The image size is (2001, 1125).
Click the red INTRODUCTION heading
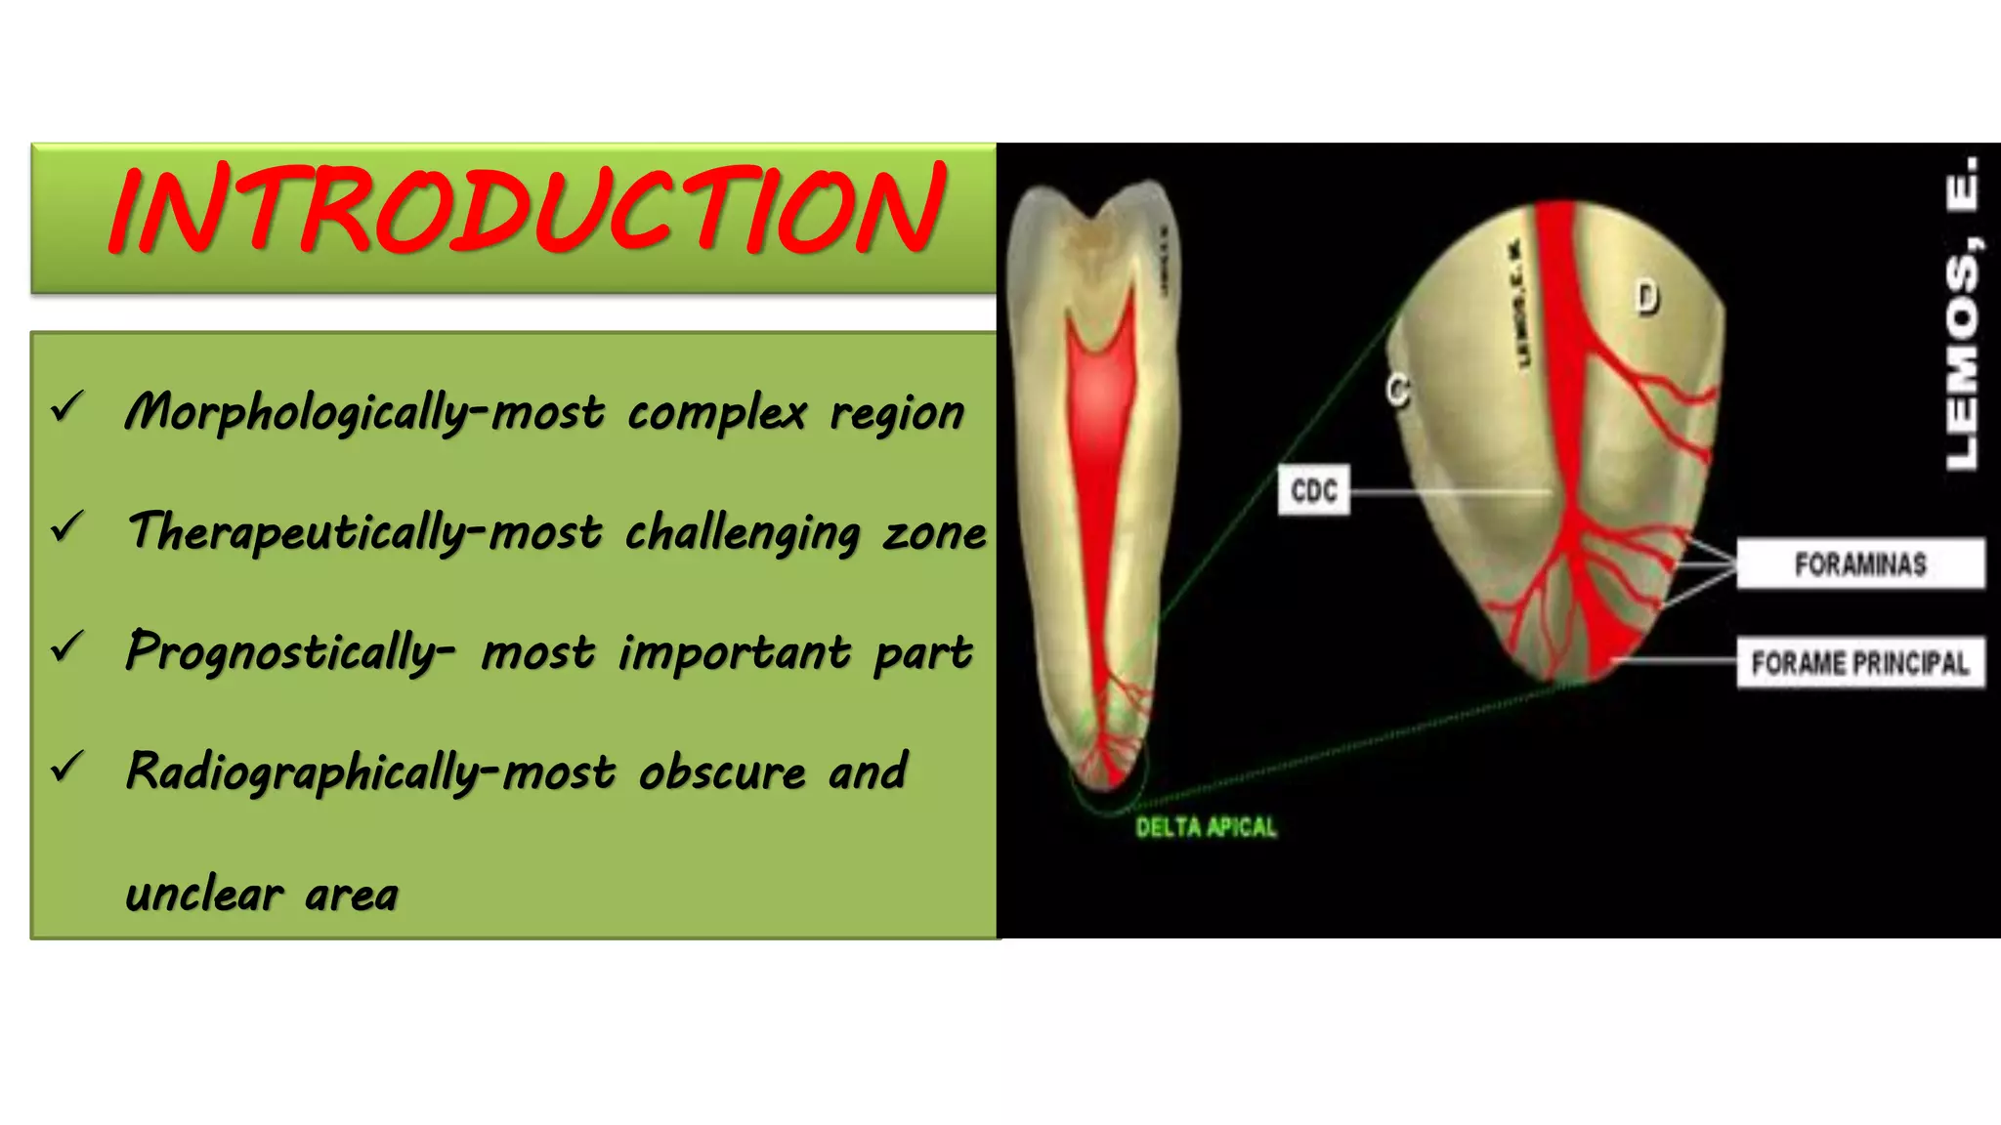(528, 210)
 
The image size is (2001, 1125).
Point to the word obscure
(722, 772)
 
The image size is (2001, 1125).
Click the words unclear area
(262, 895)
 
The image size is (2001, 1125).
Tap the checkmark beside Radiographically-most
(67, 767)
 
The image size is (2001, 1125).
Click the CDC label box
(1313, 490)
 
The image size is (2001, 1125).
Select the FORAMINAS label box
(1859, 563)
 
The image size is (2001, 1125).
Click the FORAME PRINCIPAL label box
(1859, 663)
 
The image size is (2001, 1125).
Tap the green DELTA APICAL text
(1206, 828)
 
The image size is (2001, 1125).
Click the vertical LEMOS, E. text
(1962, 312)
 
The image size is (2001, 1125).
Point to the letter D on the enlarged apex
(1647, 297)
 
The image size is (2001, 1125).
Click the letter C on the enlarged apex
(1398, 390)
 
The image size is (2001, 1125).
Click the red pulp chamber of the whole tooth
(1101, 391)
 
